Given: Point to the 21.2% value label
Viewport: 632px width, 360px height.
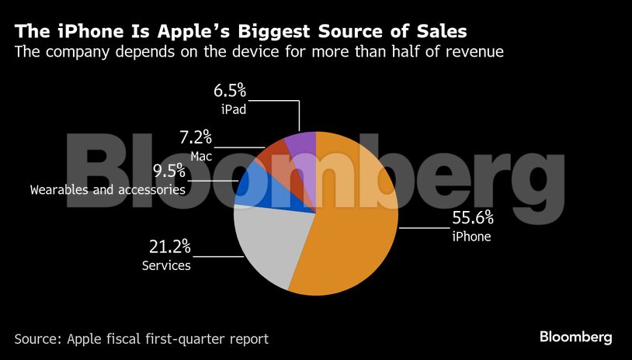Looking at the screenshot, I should [x=169, y=247].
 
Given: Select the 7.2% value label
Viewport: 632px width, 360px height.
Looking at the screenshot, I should [x=195, y=138].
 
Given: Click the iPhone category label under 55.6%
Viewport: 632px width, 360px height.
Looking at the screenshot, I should [x=471, y=237].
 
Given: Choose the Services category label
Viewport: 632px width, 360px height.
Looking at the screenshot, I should [x=166, y=266].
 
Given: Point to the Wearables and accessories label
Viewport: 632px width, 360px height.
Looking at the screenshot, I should [x=108, y=189].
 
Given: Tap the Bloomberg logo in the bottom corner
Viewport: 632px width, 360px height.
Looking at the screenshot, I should [x=576, y=337].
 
